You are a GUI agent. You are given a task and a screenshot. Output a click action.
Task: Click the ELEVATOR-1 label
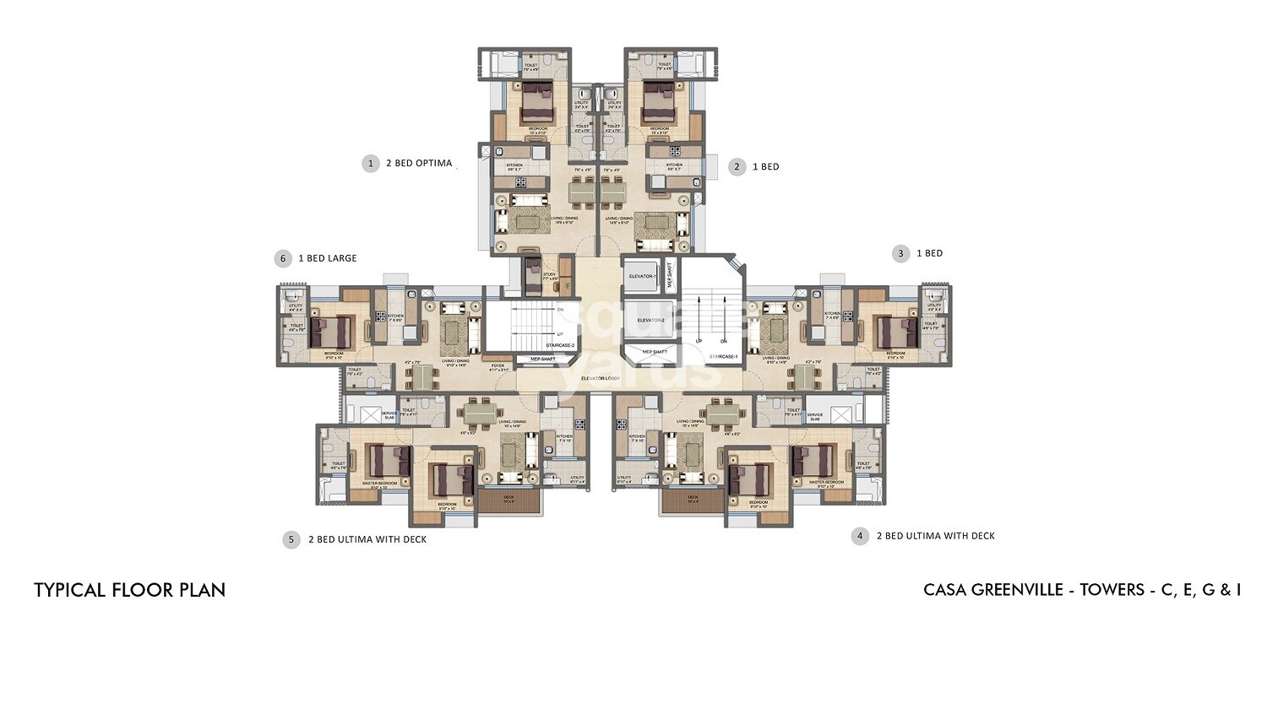(x=642, y=276)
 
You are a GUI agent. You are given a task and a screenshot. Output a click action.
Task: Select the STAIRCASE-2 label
(x=560, y=345)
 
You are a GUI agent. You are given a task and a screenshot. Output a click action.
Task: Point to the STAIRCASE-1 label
(x=723, y=356)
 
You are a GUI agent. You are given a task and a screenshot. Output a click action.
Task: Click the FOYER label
(x=498, y=365)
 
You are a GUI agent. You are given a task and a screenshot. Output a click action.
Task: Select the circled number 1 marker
(x=370, y=163)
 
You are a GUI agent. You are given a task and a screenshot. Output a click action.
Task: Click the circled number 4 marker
(x=860, y=536)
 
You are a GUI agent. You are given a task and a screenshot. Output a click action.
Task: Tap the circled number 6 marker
(x=282, y=258)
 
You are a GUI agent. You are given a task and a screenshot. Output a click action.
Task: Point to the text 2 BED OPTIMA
(x=418, y=163)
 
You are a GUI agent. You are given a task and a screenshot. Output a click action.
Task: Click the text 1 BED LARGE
(x=327, y=258)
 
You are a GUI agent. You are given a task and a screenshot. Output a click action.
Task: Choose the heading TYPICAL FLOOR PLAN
(x=129, y=590)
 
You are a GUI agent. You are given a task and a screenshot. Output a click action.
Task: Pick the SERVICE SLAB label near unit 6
(x=389, y=415)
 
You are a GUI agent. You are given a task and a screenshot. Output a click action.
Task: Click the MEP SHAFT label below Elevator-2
(x=654, y=351)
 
